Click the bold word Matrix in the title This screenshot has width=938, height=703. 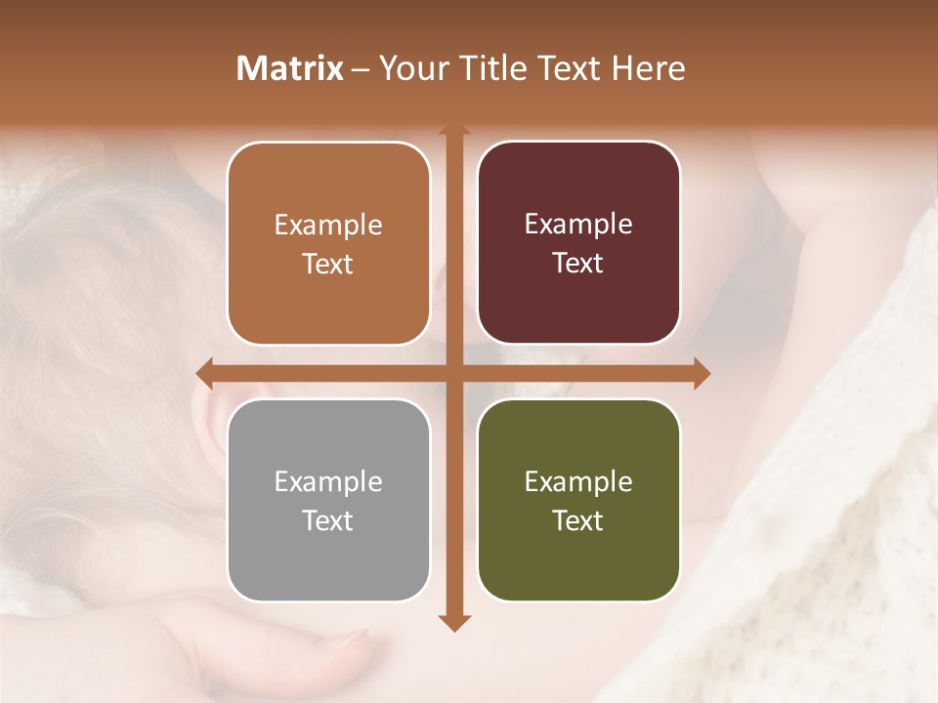click(x=290, y=68)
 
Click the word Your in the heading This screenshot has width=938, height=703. click(x=410, y=68)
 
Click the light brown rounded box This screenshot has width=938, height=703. click(x=328, y=244)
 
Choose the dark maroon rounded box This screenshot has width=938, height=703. click(x=578, y=243)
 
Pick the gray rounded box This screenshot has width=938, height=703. click(x=328, y=500)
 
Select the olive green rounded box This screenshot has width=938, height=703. click(x=578, y=500)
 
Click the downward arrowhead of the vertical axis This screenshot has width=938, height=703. click(x=453, y=623)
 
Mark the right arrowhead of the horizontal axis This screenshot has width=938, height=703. click(x=702, y=373)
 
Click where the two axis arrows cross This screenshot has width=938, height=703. click(x=453, y=373)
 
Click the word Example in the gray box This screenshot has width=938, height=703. click(x=328, y=481)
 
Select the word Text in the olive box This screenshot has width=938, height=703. click(x=578, y=520)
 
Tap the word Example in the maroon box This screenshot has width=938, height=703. click(x=578, y=225)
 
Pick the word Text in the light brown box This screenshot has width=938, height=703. click(x=328, y=265)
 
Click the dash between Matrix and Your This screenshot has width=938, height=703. click(x=361, y=69)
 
